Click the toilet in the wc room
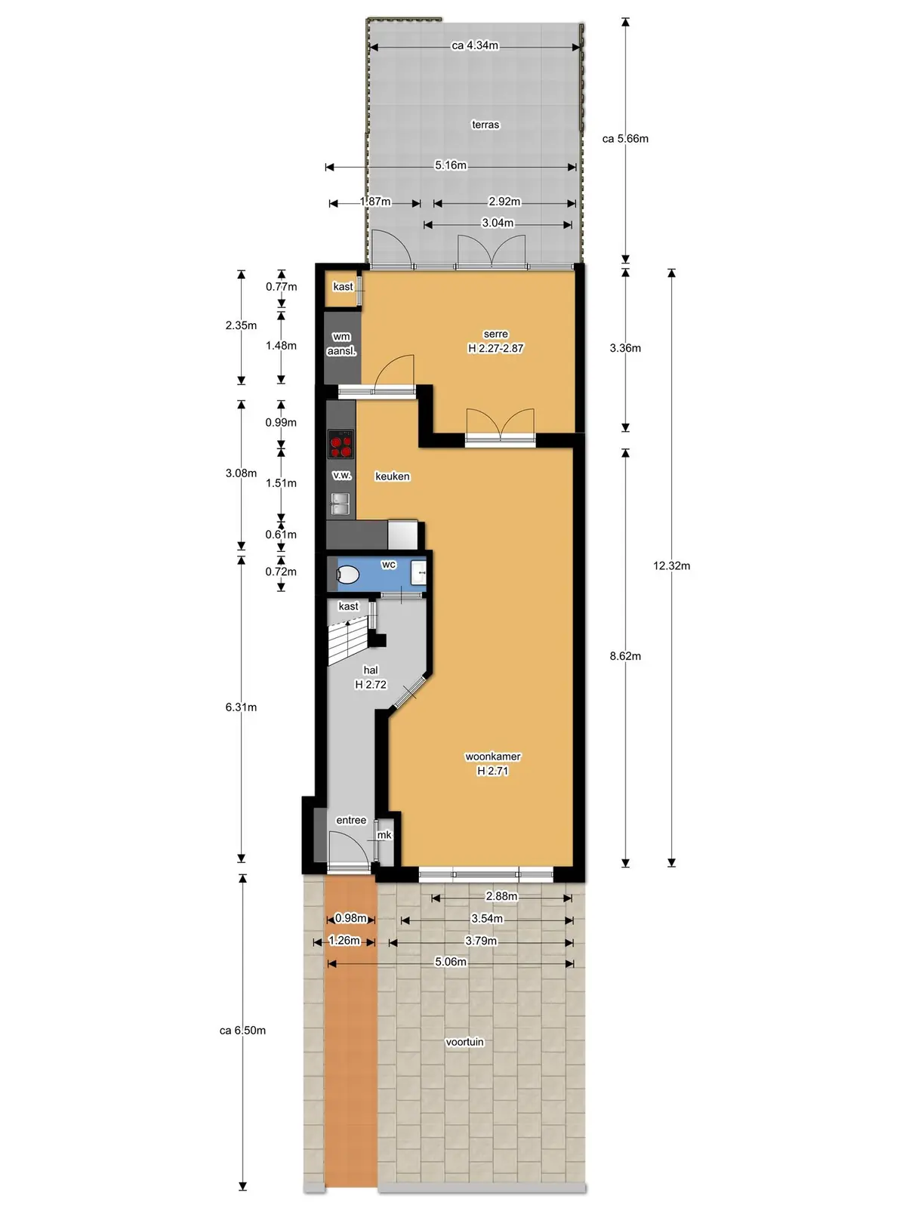pyautogui.click(x=347, y=575)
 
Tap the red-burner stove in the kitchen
pyautogui.click(x=341, y=445)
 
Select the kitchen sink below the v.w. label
pyautogui.click(x=341, y=504)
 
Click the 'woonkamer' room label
pyautogui.click(x=493, y=757)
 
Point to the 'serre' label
pyautogui.click(x=495, y=334)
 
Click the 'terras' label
pyautogui.click(x=485, y=125)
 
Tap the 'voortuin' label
pyautogui.click(x=465, y=1042)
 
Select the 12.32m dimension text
pyautogui.click(x=671, y=565)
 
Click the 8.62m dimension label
pyautogui.click(x=625, y=655)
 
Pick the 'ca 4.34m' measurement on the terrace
pyautogui.click(x=475, y=46)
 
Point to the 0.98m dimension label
pyautogui.click(x=350, y=918)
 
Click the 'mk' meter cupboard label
pyautogui.click(x=384, y=835)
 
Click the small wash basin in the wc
pyautogui.click(x=419, y=573)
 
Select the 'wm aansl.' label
pyautogui.click(x=341, y=344)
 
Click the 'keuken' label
pyautogui.click(x=392, y=476)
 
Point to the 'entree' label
pyautogui.click(x=351, y=820)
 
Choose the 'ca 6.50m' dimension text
pyautogui.click(x=242, y=1031)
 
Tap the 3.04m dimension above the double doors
pyautogui.click(x=498, y=223)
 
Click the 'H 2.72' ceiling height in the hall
pyautogui.click(x=371, y=685)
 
